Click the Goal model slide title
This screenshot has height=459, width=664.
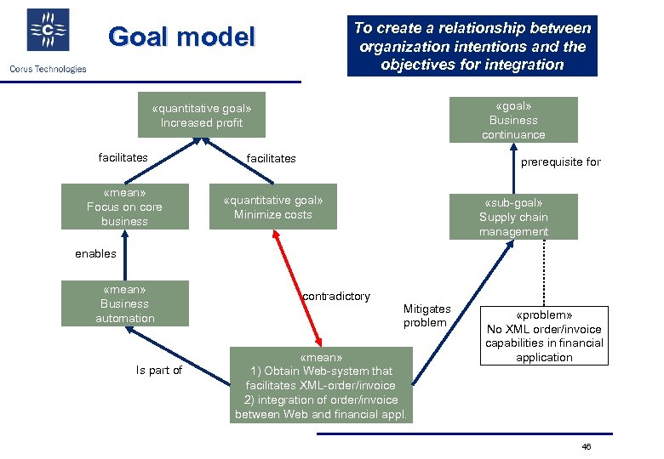point(181,37)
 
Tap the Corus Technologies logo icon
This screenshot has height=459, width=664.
point(49,31)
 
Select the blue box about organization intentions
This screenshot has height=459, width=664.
point(472,46)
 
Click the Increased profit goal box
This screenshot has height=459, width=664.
point(202,116)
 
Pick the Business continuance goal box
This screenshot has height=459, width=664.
point(513,120)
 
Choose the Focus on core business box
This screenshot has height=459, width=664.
point(124,207)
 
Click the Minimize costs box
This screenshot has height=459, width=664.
point(272,207)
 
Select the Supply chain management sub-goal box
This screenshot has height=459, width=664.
point(513,217)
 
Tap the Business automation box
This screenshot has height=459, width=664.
point(124,303)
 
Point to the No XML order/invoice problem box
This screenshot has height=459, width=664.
point(544,336)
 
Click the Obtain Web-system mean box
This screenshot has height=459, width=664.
point(321,385)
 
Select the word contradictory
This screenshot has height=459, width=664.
point(336,297)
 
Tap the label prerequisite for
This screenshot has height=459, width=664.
point(560,161)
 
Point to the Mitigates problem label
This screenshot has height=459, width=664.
point(426,315)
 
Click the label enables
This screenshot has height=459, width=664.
point(95,253)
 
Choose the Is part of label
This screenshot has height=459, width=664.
point(159,370)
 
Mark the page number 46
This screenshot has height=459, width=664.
point(585,447)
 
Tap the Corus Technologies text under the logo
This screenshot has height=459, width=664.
point(48,69)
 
